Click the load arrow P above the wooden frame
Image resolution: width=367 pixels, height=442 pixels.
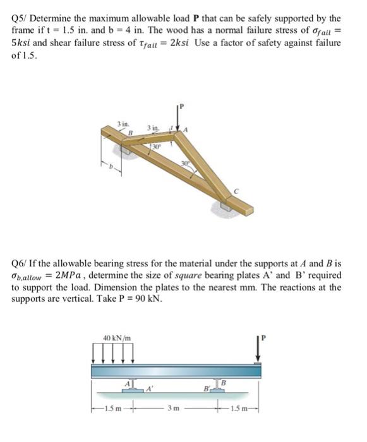[177, 117]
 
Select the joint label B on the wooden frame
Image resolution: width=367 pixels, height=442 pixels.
[129, 133]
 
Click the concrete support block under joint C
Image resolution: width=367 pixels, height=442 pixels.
[227, 206]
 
